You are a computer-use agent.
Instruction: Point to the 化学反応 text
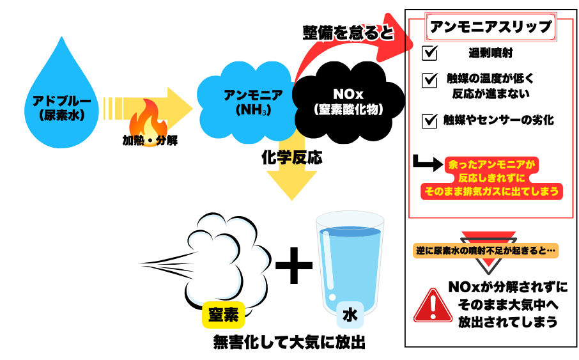tap(291, 157)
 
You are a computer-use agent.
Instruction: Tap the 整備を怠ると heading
tap(348, 33)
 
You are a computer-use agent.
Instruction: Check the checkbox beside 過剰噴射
tap(430, 53)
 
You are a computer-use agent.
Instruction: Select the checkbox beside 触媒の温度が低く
tap(430, 80)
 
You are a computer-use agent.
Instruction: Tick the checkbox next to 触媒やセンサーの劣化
tap(430, 120)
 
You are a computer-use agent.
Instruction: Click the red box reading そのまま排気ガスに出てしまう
tap(491, 191)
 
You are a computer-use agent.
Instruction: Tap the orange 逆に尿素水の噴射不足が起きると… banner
tap(486, 251)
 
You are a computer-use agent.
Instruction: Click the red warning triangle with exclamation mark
tap(433, 305)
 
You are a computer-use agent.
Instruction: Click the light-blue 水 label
tap(350, 315)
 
